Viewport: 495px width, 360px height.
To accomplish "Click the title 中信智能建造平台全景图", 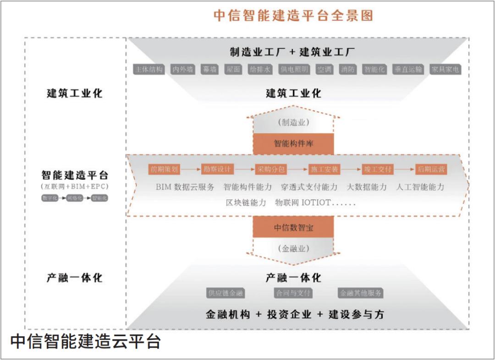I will (293, 16).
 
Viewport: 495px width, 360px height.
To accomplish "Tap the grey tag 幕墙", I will (209, 70).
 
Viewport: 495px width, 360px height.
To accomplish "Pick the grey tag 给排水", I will (260, 70).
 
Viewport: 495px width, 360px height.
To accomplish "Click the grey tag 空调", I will (324, 70).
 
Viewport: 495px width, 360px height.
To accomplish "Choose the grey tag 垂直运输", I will (408, 70).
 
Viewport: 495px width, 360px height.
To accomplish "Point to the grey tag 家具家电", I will (445, 70).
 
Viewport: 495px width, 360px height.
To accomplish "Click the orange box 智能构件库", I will (293, 143).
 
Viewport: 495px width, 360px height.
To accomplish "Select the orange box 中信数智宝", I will (293, 228).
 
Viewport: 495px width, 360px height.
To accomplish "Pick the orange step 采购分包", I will (271, 169).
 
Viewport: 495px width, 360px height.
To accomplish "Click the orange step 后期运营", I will (431, 169).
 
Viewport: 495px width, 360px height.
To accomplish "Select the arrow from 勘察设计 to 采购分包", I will (244, 169).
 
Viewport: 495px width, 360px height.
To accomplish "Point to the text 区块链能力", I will (246, 202).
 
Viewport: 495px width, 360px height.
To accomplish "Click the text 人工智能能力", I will (420, 187).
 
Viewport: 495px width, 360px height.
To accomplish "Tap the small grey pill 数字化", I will (49, 198).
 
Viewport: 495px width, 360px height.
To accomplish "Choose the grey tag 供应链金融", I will (225, 293).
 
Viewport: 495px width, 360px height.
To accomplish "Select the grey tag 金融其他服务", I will (361, 293).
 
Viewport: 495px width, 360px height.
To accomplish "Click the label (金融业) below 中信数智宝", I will (293, 249).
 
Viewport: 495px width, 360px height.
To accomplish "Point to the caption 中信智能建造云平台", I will (85, 342).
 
